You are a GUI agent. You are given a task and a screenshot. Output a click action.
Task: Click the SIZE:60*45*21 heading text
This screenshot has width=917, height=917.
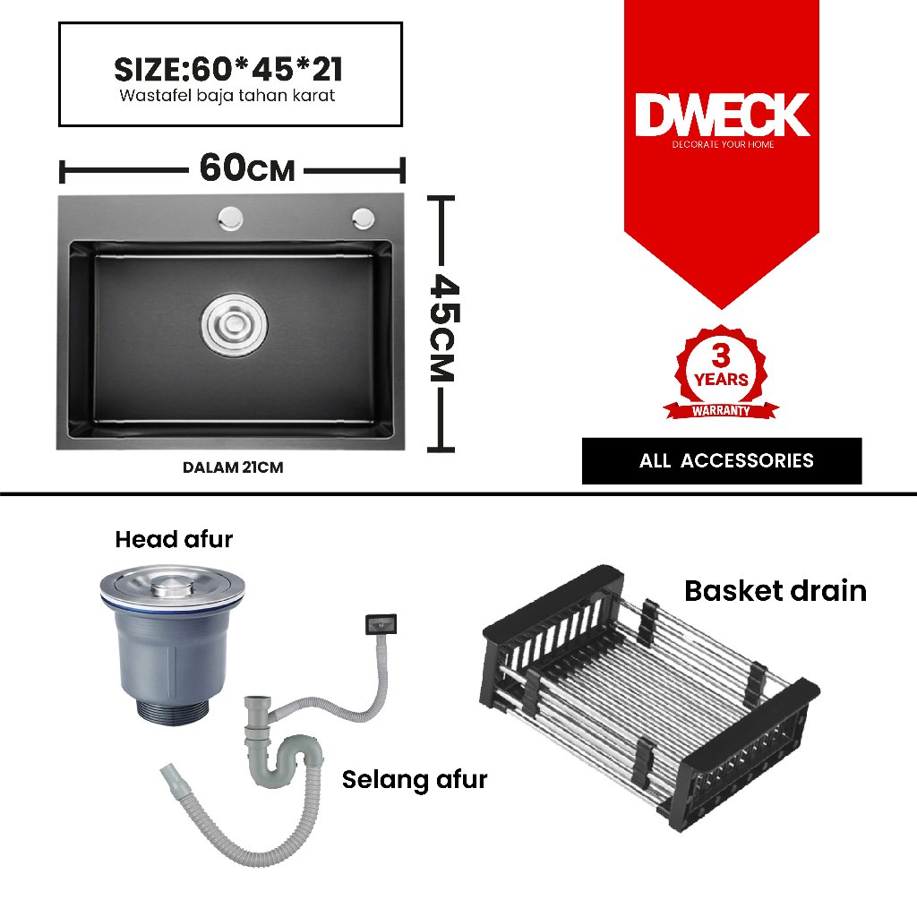click(x=229, y=69)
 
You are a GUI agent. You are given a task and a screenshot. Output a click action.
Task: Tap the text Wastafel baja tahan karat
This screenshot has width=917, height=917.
click(x=227, y=96)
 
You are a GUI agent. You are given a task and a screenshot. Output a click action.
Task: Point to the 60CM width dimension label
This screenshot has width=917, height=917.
click(x=246, y=167)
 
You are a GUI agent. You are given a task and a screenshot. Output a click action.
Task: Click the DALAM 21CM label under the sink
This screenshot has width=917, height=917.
click(x=233, y=467)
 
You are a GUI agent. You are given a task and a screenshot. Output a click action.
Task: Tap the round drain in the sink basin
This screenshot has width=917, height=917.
click(x=233, y=321)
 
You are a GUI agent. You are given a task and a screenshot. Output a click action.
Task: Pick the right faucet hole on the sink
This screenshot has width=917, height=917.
click(x=364, y=216)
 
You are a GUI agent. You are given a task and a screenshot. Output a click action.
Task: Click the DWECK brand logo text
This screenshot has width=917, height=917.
click(x=722, y=116)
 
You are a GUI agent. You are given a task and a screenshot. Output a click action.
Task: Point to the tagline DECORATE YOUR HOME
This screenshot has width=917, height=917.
click(x=723, y=144)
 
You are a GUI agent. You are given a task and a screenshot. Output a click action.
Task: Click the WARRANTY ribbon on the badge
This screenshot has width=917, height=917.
click(x=721, y=411)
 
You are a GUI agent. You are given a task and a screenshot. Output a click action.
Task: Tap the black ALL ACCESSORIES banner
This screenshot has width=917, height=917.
click(x=722, y=461)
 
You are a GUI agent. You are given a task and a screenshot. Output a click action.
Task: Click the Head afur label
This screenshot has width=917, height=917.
click(x=174, y=539)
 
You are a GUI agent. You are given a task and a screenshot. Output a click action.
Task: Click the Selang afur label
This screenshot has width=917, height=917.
click(x=415, y=779)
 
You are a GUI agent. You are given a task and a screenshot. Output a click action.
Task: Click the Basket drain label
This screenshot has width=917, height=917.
click(x=776, y=591)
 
